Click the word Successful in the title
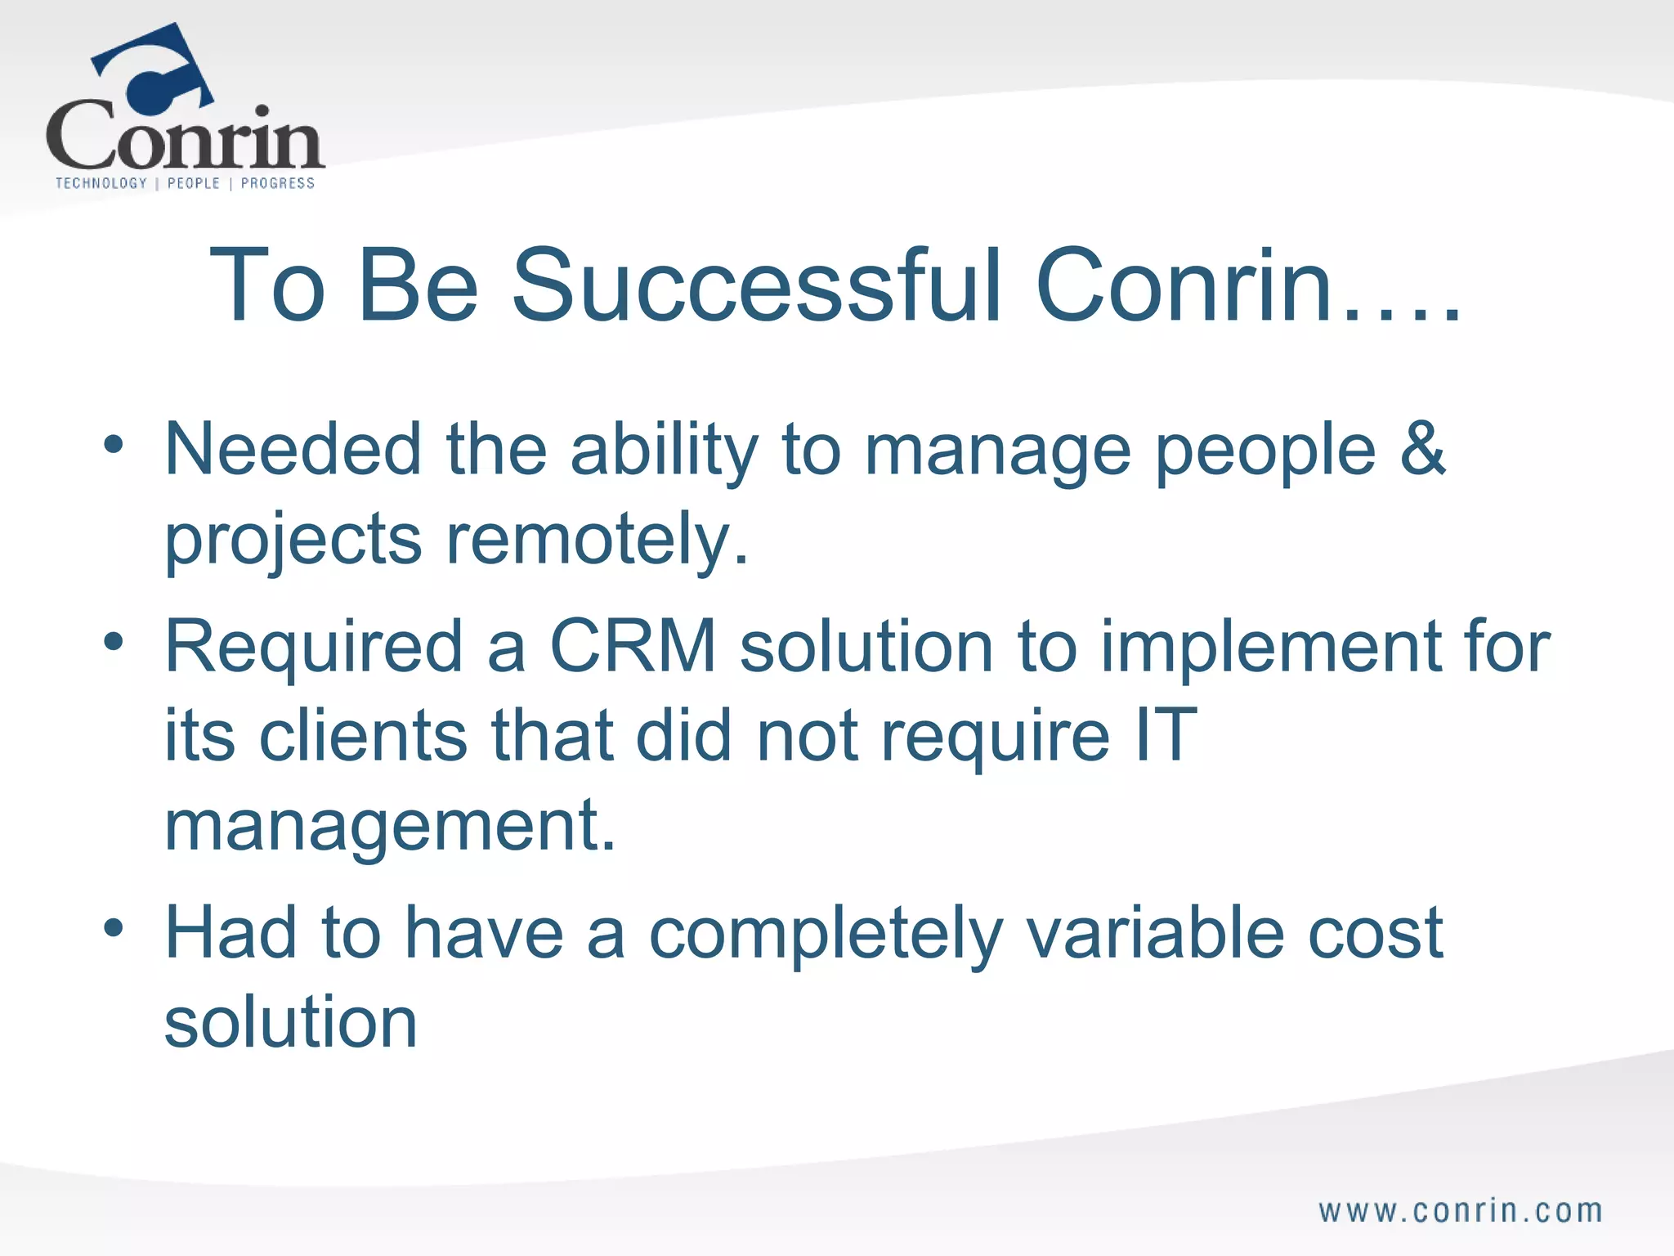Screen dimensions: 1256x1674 click(756, 285)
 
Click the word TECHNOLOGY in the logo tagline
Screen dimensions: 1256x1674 click(101, 183)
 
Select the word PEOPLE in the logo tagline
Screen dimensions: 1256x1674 click(194, 183)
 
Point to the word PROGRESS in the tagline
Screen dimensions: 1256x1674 click(278, 183)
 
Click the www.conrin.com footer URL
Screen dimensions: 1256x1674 click(1461, 1211)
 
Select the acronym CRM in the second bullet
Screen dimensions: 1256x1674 click(633, 646)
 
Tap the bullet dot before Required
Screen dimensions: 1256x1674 click(114, 642)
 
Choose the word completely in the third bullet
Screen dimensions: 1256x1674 click(826, 934)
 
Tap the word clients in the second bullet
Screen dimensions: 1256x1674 click(363, 734)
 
